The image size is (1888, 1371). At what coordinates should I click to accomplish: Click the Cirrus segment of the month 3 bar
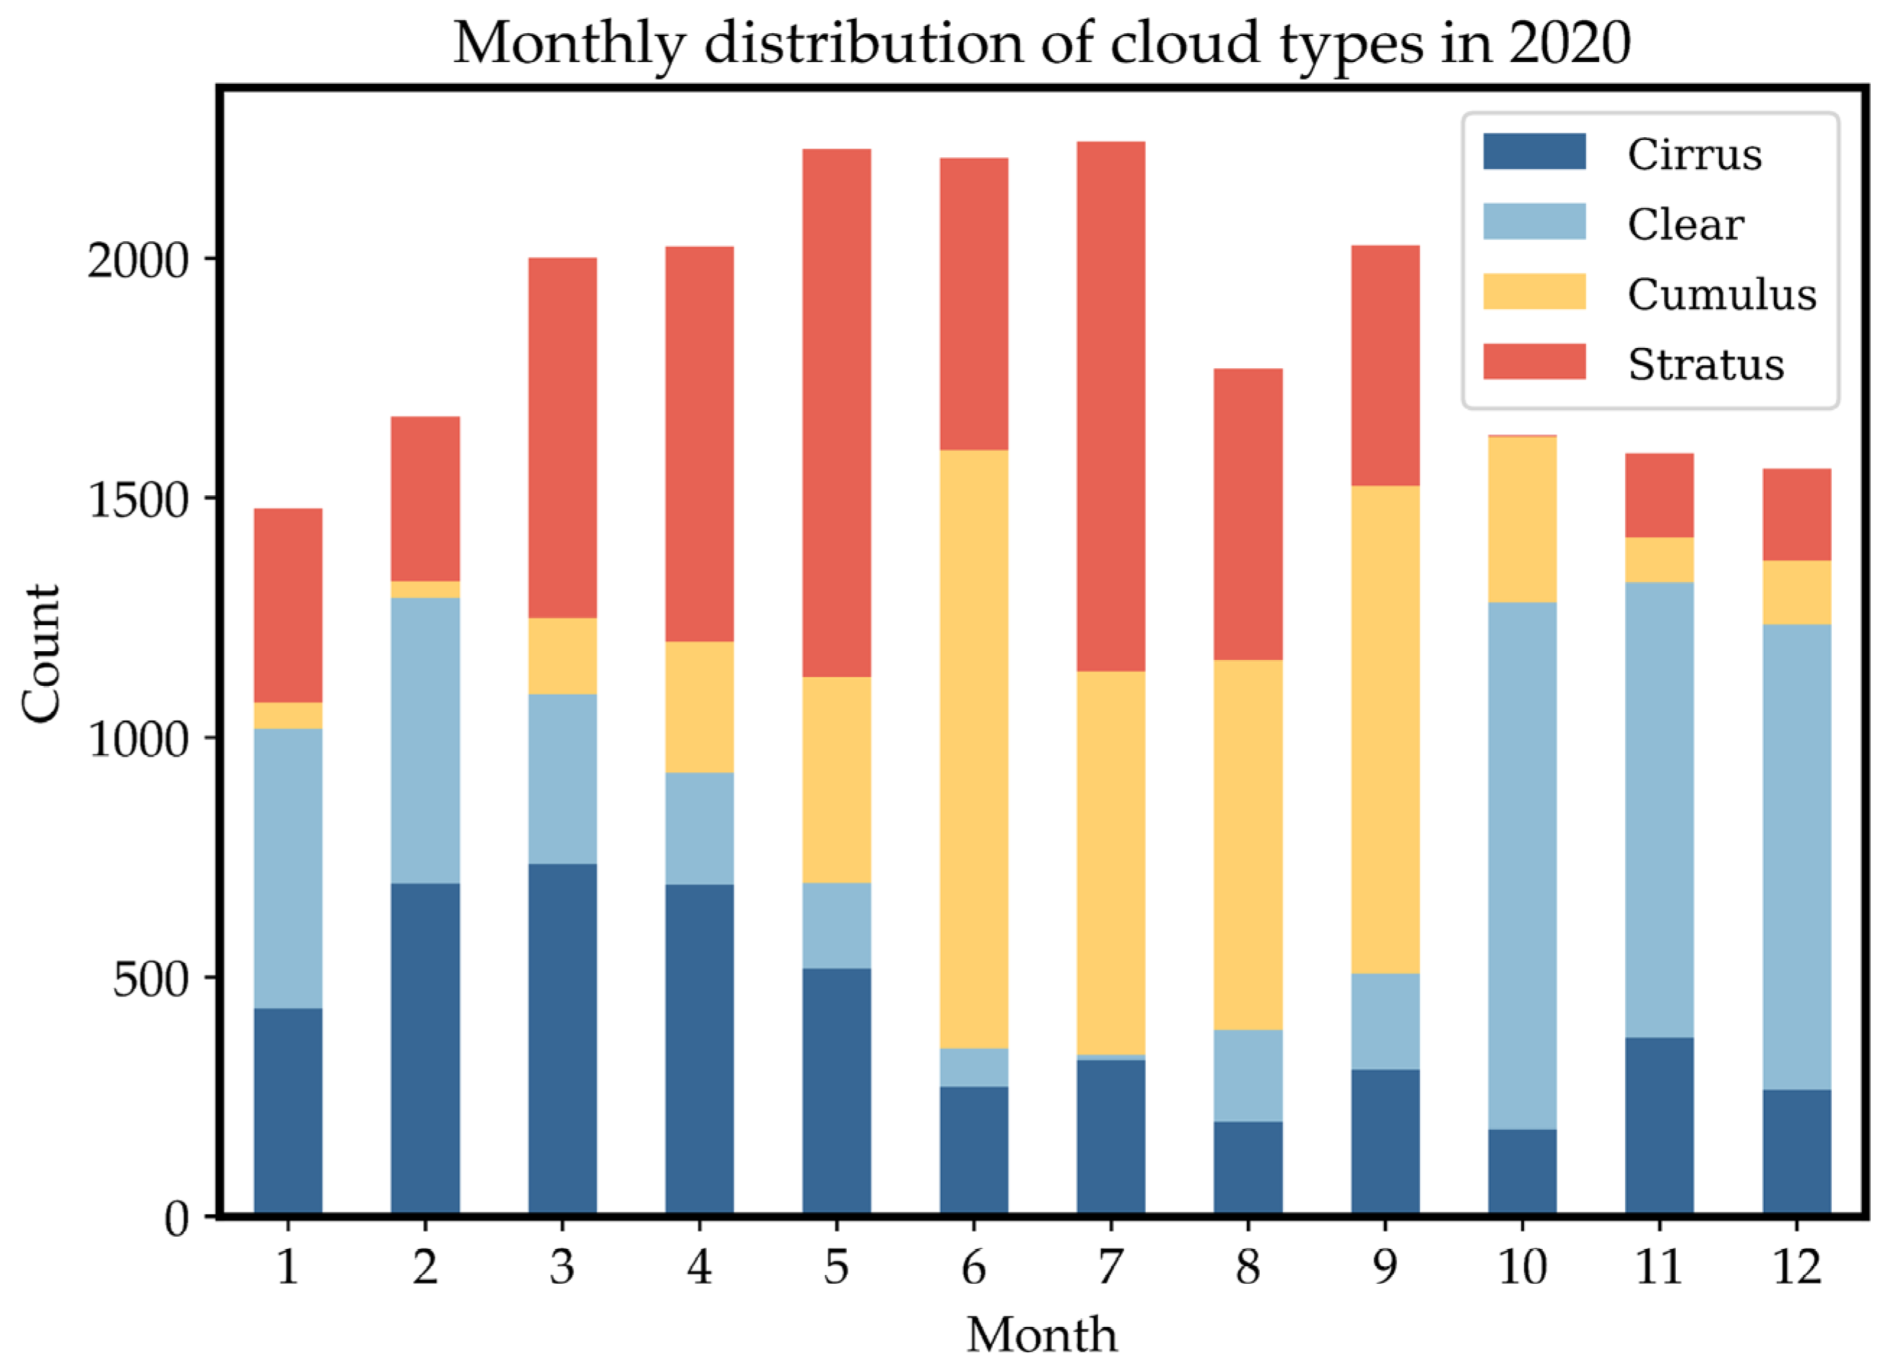[562, 1039]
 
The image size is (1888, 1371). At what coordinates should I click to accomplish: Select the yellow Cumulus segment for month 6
[973, 749]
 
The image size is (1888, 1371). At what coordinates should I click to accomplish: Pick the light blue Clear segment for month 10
[1522, 866]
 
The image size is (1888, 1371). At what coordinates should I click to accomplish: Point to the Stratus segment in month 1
[288, 605]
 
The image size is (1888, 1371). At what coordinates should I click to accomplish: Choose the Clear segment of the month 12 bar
[1796, 858]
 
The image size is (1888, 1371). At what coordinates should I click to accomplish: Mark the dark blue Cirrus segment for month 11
[1659, 1126]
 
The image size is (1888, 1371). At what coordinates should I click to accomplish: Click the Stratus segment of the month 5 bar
[837, 413]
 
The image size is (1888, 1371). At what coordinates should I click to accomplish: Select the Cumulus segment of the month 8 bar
[1248, 845]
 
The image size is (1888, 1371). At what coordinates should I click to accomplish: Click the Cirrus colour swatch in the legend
[1534, 152]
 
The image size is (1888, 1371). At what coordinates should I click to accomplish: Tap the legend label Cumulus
[1721, 295]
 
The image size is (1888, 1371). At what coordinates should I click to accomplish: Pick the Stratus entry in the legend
[1705, 365]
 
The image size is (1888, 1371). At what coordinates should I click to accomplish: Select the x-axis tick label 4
[700, 1268]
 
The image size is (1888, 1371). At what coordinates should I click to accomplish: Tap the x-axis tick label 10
[1522, 1268]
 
